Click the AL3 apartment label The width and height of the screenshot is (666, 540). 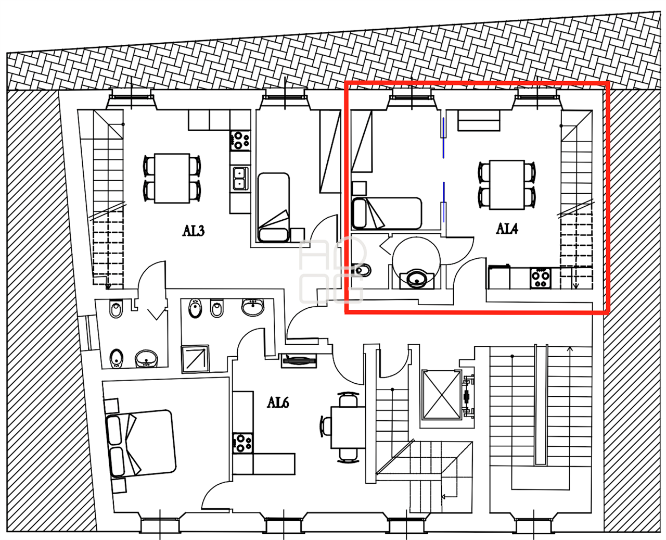[x=194, y=231]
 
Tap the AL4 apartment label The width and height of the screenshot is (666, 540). [x=507, y=229]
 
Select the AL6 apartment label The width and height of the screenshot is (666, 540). [x=278, y=403]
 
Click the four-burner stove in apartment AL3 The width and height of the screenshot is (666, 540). [x=240, y=141]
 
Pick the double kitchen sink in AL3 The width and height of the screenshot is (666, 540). [x=240, y=179]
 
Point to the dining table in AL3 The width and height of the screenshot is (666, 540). [x=172, y=178]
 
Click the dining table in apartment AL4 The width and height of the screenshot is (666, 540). [x=507, y=184]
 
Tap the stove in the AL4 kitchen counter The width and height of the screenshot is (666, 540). [x=540, y=278]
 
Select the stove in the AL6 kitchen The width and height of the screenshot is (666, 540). [x=242, y=443]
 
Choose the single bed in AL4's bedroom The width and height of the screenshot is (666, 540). [x=387, y=213]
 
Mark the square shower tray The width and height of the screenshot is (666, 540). [x=196, y=359]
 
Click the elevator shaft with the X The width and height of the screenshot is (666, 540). [x=442, y=395]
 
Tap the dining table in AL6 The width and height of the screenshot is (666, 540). [x=348, y=427]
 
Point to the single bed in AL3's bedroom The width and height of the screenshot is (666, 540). [x=274, y=207]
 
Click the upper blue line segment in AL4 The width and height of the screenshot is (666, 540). [x=443, y=137]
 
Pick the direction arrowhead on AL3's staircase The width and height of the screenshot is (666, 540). [x=108, y=286]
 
